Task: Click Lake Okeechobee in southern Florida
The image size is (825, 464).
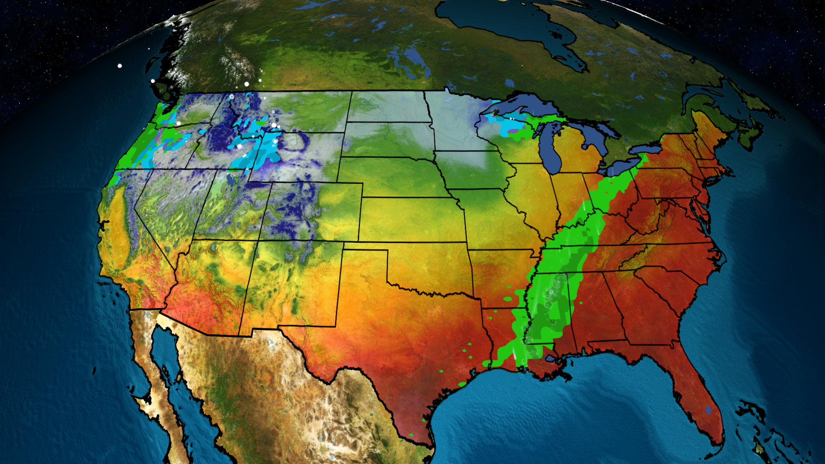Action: (708, 410)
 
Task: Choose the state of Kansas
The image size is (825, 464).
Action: (412, 219)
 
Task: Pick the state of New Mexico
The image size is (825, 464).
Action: (292, 284)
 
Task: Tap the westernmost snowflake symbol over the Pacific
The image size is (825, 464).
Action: (120, 66)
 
